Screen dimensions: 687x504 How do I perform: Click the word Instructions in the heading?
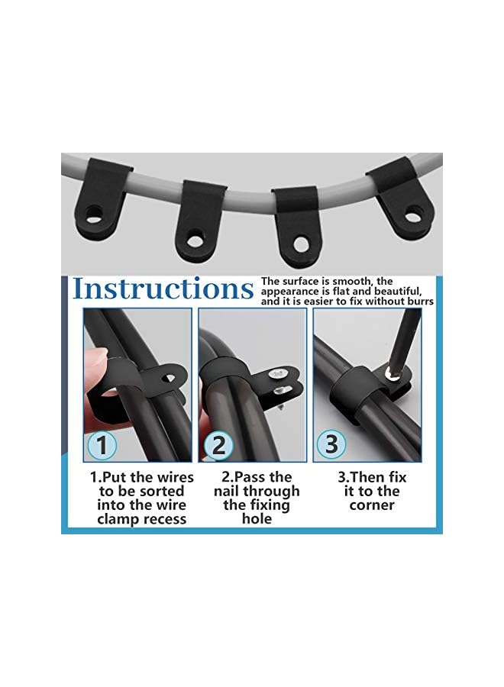(x=163, y=289)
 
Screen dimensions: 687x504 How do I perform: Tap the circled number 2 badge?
(x=218, y=445)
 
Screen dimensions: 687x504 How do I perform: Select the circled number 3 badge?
(x=331, y=444)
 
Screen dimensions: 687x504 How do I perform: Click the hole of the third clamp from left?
(x=302, y=244)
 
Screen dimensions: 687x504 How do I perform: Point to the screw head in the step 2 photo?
(x=280, y=374)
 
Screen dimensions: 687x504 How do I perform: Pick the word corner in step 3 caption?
(x=372, y=505)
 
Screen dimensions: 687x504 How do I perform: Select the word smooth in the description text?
(x=351, y=282)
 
